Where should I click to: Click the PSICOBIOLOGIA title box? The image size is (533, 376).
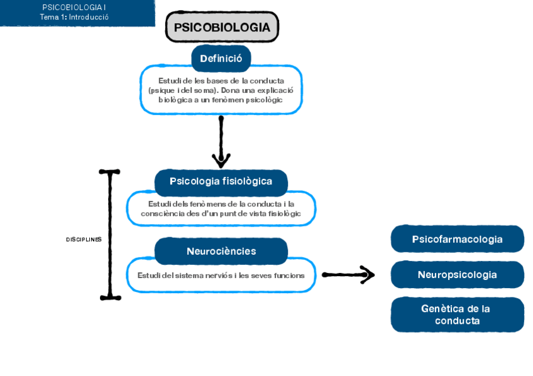222,28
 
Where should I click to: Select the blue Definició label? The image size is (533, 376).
221,58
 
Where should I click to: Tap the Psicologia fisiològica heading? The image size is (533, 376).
221,181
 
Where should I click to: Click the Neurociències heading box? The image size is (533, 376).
221,251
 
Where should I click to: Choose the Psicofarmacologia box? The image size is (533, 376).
457,239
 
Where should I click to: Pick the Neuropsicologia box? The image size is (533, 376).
457,275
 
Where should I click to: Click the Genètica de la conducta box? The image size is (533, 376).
457,314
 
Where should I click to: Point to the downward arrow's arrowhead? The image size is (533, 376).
221,161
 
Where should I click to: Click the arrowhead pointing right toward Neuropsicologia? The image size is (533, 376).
368,275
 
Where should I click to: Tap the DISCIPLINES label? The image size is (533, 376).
84,240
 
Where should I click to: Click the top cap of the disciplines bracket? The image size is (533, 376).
109,171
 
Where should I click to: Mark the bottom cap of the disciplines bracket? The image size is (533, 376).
110,297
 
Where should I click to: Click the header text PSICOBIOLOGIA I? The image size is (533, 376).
74,7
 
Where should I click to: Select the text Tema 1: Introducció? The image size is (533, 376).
74,17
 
